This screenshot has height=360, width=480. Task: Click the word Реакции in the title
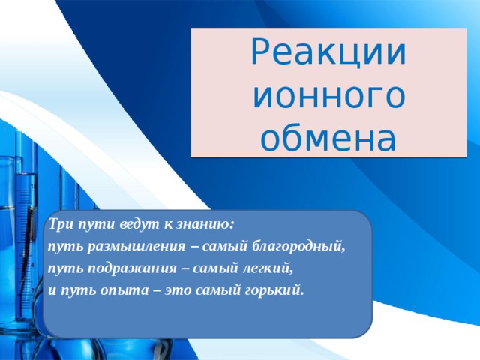(x=329, y=52)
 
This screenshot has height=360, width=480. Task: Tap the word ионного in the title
(x=329, y=95)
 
